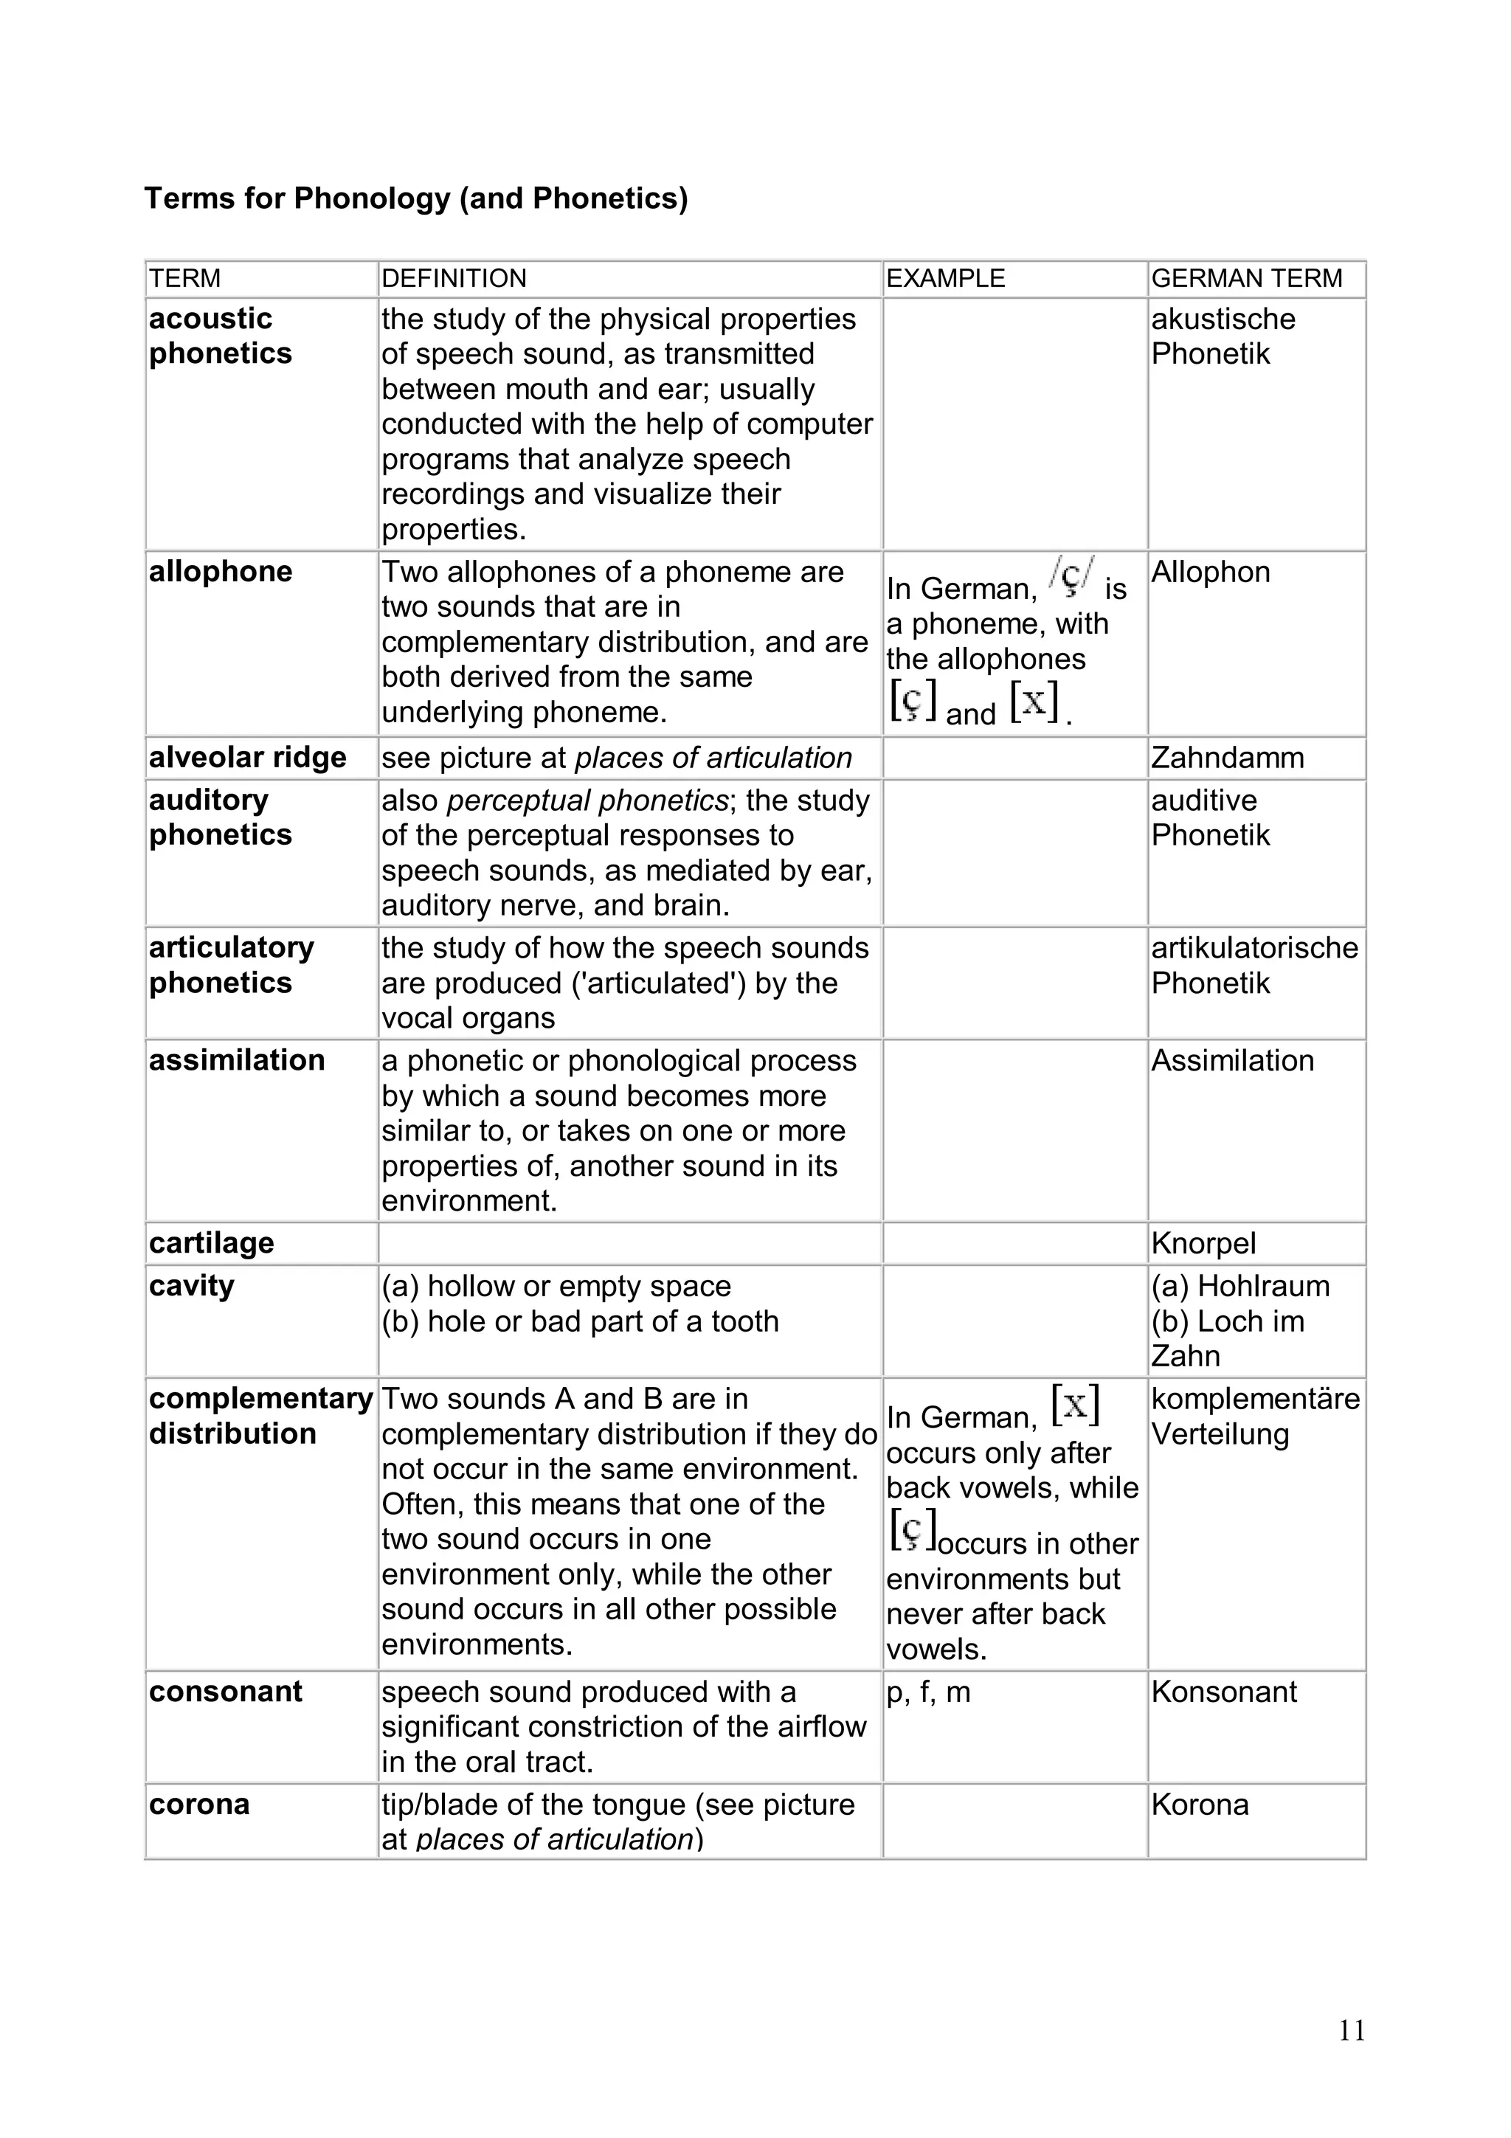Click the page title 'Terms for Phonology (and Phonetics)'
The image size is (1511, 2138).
415,198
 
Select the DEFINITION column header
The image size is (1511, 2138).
454,278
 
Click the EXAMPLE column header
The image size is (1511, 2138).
945,278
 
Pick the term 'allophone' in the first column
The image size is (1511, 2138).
221,572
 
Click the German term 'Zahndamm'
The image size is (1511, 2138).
1227,758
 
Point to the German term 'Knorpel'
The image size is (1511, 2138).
1203,1244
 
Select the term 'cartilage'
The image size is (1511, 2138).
211,1244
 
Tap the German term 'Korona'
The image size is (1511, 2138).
1199,1805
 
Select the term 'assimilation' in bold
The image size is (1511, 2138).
237,1061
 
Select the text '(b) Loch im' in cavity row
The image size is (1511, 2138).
1227,1321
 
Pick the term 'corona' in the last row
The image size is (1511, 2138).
199,1805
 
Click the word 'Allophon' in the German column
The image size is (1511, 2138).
1210,572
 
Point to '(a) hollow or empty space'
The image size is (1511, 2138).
556,1287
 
